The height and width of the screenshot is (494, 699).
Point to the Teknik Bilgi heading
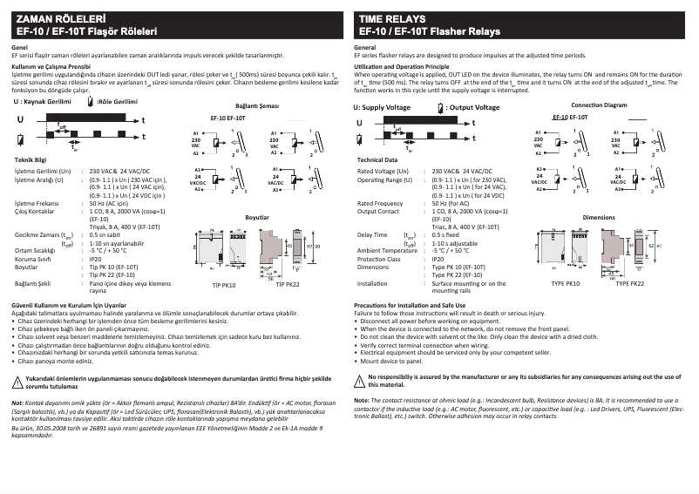pyautogui.click(x=31, y=160)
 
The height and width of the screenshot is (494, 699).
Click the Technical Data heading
pyautogui.click(x=377, y=160)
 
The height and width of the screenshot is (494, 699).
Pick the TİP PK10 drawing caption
pyautogui.click(x=224, y=284)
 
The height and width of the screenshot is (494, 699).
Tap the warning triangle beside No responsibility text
pyautogui.click(x=360, y=377)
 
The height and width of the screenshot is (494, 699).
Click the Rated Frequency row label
pyautogui.click(x=380, y=203)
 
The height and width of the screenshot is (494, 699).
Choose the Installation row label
pyautogui.click(x=372, y=283)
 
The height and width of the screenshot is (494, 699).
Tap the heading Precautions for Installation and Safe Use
pyautogui.click(x=417, y=304)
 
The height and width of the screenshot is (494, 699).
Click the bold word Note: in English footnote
pyautogui.click(x=362, y=400)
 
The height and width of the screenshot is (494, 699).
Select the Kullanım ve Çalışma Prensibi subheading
pyautogui.click(x=51, y=65)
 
